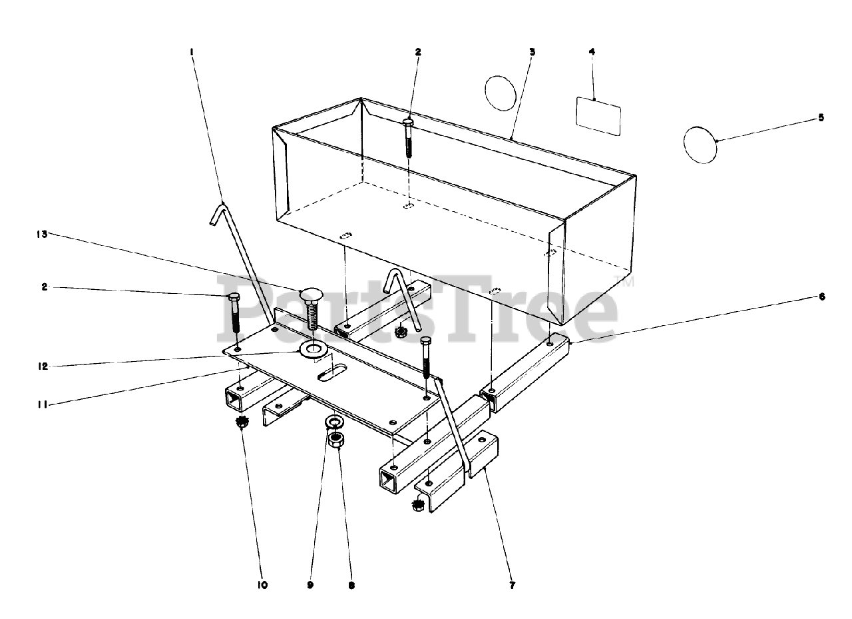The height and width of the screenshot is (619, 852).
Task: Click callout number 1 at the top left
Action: (x=192, y=51)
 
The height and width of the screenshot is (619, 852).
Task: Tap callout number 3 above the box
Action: (x=532, y=51)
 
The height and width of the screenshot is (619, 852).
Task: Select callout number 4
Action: (x=592, y=51)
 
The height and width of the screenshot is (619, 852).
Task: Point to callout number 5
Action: (x=821, y=117)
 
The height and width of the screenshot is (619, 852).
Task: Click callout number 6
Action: (x=822, y=297)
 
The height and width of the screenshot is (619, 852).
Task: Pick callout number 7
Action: (x=512, y=586)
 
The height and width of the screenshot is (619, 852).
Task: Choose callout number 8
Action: (x=351, y=586)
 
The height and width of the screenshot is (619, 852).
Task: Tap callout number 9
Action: (x=310, y=586)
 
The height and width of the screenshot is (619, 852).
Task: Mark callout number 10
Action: (x=262, y=586)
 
